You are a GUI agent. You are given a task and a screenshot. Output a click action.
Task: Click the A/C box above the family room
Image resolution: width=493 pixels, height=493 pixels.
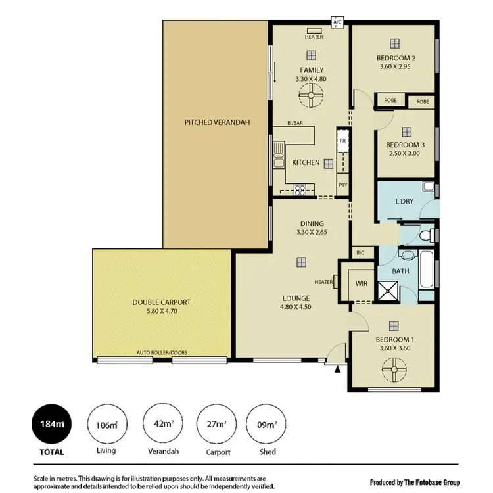tap(338, 22)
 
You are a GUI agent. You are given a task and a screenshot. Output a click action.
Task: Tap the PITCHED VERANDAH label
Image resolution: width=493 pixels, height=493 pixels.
tap(217, 122)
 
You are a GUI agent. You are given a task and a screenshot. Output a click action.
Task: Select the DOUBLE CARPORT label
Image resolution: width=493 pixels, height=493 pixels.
tap(161, 302)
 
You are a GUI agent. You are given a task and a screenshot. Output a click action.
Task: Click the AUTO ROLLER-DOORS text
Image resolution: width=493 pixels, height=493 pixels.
tap(162, 353)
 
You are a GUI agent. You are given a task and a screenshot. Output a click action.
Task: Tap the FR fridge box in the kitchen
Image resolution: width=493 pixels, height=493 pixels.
tap(342, 141)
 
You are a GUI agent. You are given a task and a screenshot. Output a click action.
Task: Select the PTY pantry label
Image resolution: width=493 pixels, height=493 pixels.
tap(342, 185)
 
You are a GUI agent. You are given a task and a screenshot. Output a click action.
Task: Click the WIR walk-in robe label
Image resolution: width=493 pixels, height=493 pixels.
tap(360, 283)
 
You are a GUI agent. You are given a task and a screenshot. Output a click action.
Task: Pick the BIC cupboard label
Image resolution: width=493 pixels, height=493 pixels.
tap(360, 252)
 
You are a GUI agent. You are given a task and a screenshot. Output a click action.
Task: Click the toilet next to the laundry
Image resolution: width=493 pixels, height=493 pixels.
tap(425, 233)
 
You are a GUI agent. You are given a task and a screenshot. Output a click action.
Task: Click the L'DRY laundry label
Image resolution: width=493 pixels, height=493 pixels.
tap(404, 202)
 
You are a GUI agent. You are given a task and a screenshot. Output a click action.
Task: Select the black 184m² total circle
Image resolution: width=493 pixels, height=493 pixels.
tap(50, 425)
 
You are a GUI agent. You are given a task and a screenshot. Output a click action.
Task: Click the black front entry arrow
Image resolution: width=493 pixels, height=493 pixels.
tap(338, 371)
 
